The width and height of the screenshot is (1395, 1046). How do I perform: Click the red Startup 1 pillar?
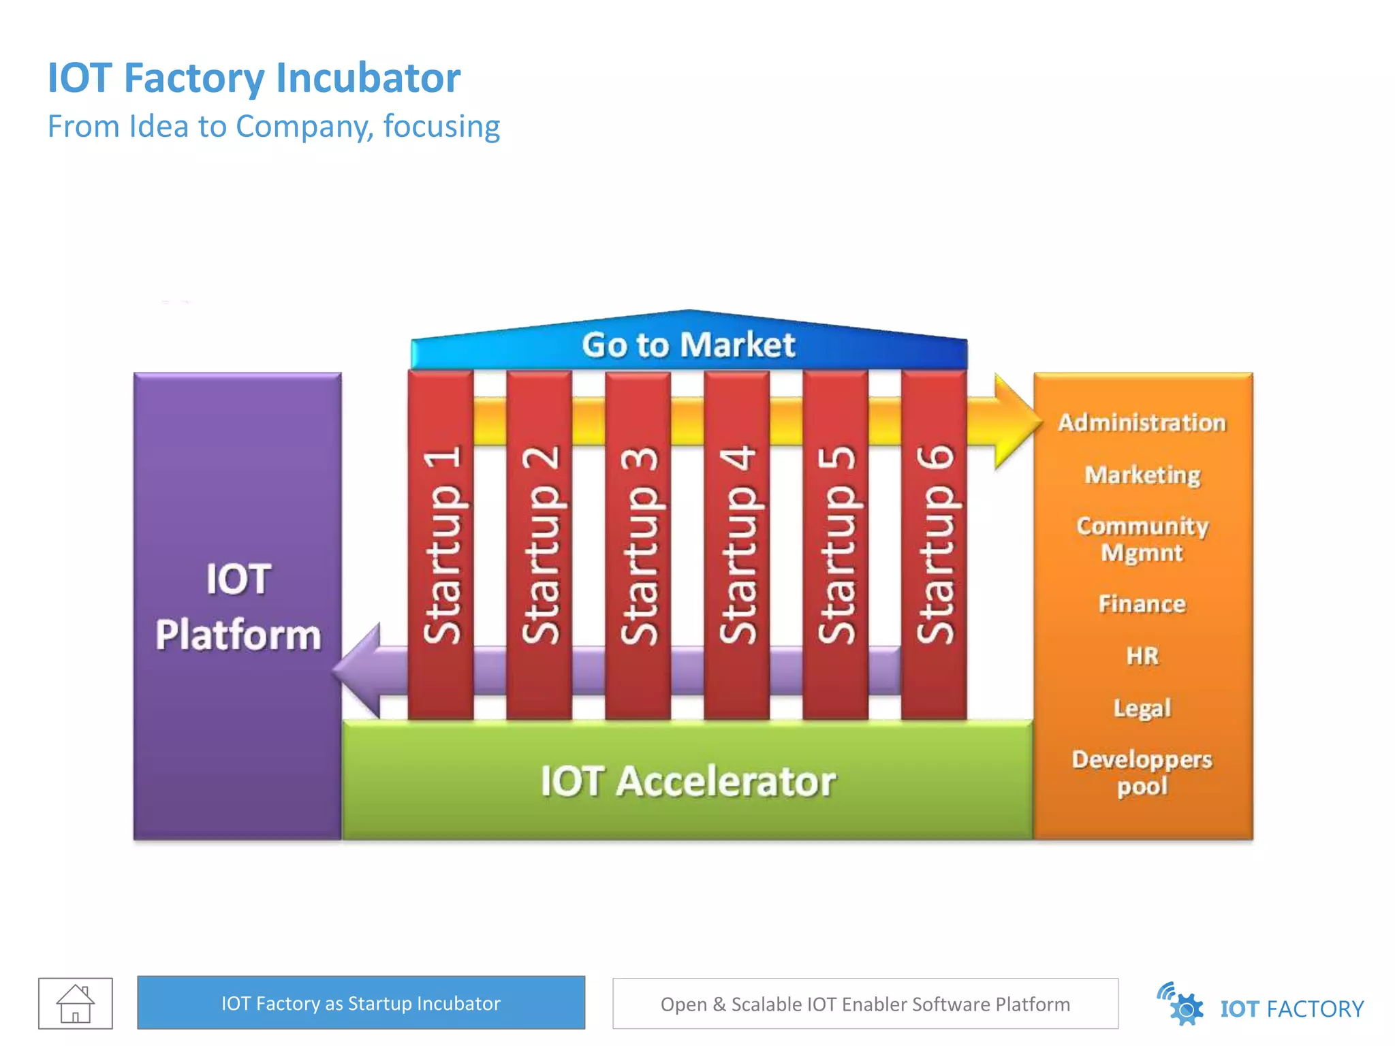coord(441,545)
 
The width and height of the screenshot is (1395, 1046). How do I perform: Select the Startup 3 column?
coord(638,545)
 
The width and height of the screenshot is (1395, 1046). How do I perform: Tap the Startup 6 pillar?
coord(934,545)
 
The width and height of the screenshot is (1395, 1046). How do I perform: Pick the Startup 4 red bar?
coord(736,545)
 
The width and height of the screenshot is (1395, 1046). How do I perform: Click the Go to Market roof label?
coord(688,345)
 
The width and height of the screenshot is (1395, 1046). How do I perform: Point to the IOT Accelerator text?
coord(688,781)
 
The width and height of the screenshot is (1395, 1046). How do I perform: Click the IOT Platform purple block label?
coord(238,606)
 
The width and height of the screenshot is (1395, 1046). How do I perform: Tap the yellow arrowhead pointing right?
coord(1015,422)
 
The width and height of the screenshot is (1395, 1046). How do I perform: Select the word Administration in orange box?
coord(1142,423)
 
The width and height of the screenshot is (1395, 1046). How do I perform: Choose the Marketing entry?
coord(1142,475)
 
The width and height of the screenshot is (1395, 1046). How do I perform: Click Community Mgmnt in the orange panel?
coord(1142,539)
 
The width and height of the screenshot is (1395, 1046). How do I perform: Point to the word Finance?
coord(1142,604)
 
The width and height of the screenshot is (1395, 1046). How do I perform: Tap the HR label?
coord(1142,656)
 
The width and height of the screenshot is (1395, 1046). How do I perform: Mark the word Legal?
coord(1142,708)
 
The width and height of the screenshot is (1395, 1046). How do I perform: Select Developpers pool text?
coord(1142,773)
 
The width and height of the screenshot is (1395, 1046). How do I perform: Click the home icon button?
coord(76,1003)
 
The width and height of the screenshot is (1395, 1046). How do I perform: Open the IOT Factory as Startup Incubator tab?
coord(361,1003)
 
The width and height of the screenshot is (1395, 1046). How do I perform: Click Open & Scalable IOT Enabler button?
coord(865,1004)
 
